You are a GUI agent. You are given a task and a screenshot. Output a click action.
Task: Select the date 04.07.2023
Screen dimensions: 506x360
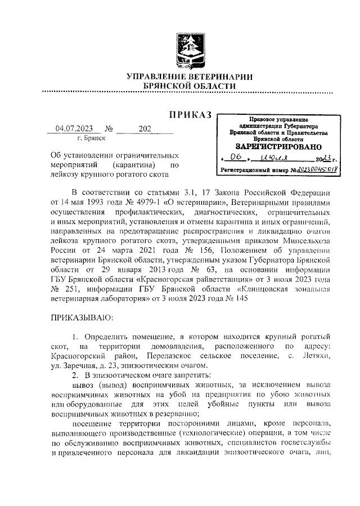pyautogui.click(x=74, y=128)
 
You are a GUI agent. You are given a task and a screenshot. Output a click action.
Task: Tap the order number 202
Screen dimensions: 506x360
pyautogui.click(x=145, y=128)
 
